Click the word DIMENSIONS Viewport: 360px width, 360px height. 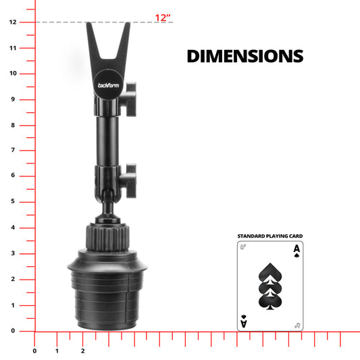point(245,56)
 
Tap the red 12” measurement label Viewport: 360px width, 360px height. point(163,18)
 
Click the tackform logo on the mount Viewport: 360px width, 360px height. point(108,85)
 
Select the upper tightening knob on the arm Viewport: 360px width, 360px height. point(128,99)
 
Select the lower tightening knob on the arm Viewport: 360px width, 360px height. point(128,181)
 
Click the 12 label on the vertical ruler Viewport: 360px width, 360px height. point(13,22)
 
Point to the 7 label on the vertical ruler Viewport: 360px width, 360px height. point(13,150)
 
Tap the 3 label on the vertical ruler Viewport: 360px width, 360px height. point(13,253)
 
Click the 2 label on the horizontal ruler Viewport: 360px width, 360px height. point(82,351)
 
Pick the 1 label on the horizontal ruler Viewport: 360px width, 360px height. point(57,351)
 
